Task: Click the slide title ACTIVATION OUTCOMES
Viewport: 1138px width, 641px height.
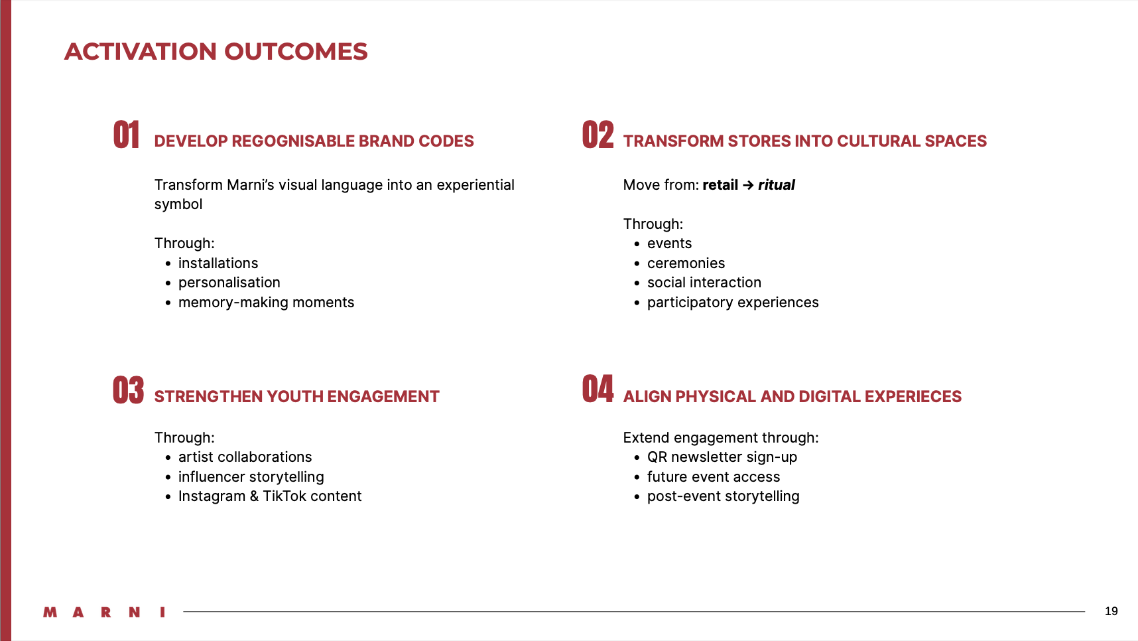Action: [216, 52]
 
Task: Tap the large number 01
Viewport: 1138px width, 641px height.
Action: [127, 135]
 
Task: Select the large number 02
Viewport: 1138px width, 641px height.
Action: [598, 135]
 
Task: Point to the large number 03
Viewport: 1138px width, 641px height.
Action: [129, 390]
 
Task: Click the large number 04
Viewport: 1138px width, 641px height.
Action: [598, 389]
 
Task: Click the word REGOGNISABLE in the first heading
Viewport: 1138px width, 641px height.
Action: [293, 141]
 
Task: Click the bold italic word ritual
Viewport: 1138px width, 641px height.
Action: [777, 185]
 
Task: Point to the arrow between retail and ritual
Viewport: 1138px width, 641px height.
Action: [748, 185]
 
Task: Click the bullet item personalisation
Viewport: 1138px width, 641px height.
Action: [229, 283]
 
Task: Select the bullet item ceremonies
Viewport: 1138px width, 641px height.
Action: [686, 263]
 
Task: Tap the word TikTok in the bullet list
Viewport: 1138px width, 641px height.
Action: [288, 496]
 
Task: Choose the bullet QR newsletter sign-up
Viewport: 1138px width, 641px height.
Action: [722, 457]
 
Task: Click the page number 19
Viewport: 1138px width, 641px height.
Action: [1111, 611]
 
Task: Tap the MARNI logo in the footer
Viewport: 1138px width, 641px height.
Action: [104, 612]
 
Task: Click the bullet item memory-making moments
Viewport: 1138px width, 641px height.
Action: [267, 303]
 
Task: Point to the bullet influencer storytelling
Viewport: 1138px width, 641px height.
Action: [251, 477]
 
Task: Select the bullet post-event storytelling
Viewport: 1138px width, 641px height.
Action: [724, 496]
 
